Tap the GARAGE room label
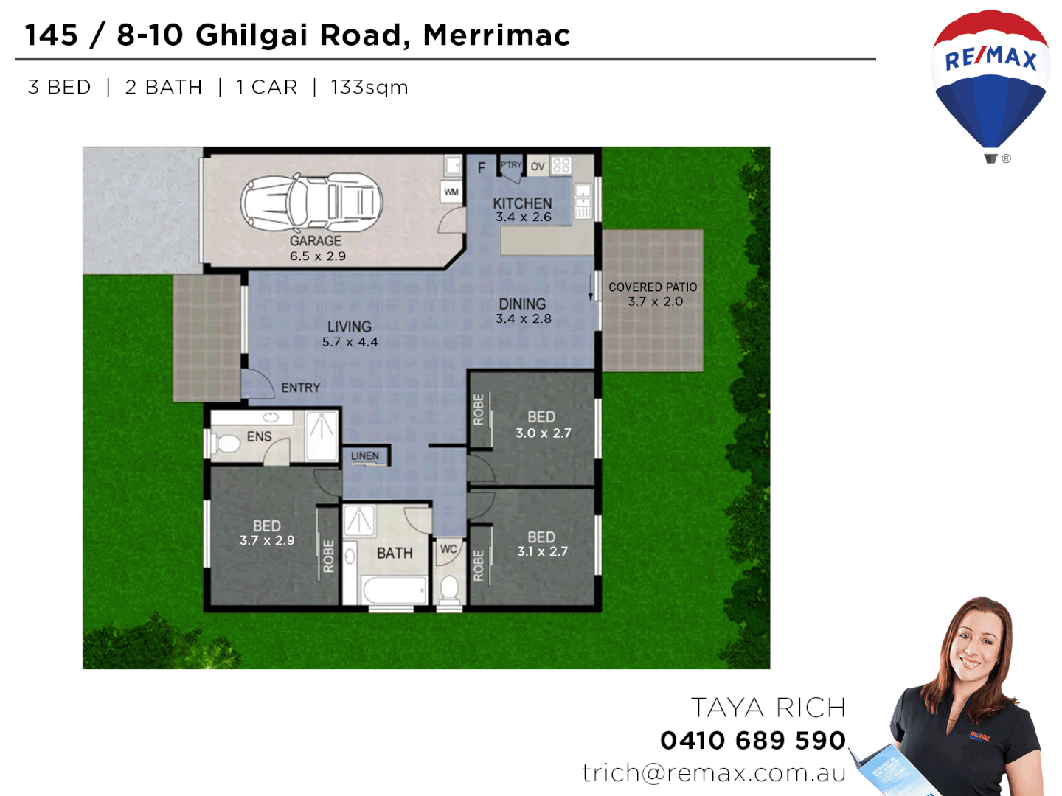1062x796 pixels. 316,241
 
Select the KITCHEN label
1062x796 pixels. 522,203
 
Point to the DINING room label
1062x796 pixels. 522,304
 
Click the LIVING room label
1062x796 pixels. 350,327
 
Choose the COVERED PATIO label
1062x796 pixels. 653,287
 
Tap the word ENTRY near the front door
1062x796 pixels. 301,388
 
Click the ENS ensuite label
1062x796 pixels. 259,437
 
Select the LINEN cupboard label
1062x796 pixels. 365,456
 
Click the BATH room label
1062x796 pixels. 395,553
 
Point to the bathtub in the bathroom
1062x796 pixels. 395,590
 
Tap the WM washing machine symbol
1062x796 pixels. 451,192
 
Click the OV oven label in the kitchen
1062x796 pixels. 538,167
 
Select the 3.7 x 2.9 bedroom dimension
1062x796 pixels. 267,540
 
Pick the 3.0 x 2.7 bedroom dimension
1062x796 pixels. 544,433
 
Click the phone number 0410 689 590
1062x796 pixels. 753,740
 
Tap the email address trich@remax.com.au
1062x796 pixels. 714,772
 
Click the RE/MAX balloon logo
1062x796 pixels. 990,81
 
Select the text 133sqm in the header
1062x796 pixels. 369,87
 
